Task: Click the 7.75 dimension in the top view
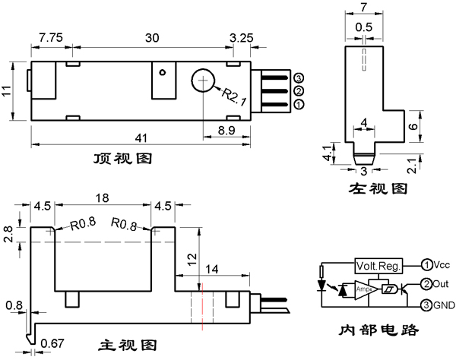point(51,36)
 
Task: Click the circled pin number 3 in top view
point(299,78)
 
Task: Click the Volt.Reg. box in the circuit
point(378,266)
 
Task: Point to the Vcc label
point(442,265)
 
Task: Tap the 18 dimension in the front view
point(103,197)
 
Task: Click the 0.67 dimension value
point(52,342)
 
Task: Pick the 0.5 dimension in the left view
point(364,27)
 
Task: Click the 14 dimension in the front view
point(212,269)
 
